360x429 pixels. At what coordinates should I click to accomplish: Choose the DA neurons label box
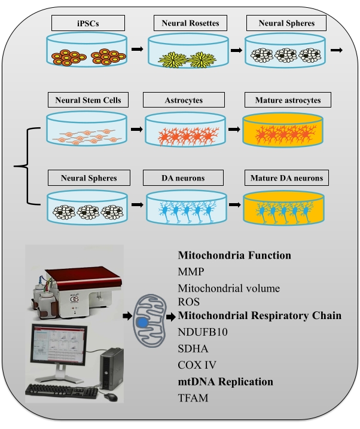(184, 177)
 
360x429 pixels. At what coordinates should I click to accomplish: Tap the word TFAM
(193, 397)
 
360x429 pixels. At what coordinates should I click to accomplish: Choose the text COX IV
(196, 364)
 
